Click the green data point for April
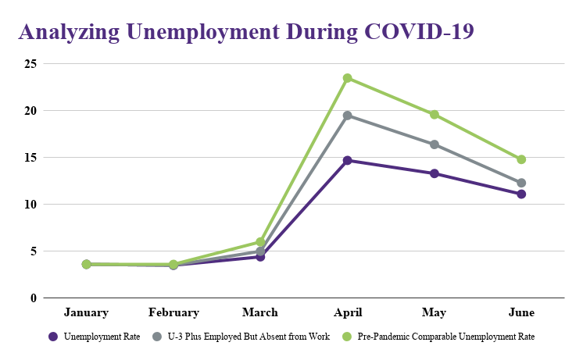tap(347, 78)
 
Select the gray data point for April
tap(347, 116)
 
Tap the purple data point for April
tap(347, 160)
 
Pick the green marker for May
tap(435, 115)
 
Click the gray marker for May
tap(435, 144)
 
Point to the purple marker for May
tap(435, 173)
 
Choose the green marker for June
tap(521, 159)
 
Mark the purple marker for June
tap(521, 194)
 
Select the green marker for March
tap(260, 242)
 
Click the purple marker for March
tap(260, 257)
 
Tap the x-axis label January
tap(86, 312)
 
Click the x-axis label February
tap(173, 312)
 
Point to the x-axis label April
tap(347, 312)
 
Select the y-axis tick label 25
tap(29, 64)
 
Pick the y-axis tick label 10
tap(29, 205)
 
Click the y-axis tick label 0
tap(33, 298)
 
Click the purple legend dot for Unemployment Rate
tap(53, 337)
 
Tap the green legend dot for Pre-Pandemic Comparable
tap(348, 337)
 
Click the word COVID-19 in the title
tap(418, 32)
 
